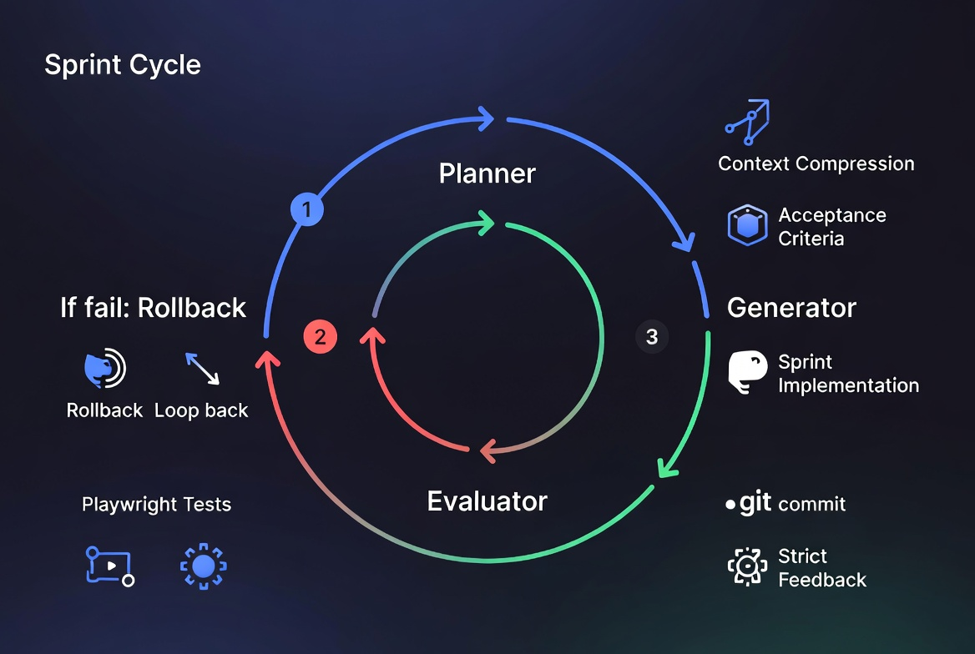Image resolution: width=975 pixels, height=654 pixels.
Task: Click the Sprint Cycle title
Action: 123,65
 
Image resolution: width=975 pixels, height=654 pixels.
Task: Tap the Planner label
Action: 487,174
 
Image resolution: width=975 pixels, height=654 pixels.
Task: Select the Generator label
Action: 791,308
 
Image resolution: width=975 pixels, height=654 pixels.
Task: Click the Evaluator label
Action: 487,501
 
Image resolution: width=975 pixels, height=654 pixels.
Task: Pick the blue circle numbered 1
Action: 306,210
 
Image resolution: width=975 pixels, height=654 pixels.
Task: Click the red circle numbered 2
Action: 320,337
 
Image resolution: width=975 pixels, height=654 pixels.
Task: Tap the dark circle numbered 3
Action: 652,337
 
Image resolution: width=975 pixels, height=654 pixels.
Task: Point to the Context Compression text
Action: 816,163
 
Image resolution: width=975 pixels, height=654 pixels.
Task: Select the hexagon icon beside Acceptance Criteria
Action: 747,225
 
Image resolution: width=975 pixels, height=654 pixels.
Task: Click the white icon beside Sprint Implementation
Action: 747,372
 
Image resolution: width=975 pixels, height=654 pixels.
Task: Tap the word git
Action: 755,504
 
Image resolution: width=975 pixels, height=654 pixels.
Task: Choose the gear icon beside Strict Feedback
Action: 747,567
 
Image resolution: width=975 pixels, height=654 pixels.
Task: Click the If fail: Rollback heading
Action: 153,308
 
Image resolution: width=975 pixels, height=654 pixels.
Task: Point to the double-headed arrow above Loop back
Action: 202,369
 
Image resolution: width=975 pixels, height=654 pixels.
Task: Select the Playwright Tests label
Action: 156,505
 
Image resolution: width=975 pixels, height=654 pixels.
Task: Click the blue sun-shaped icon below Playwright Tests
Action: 203,567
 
